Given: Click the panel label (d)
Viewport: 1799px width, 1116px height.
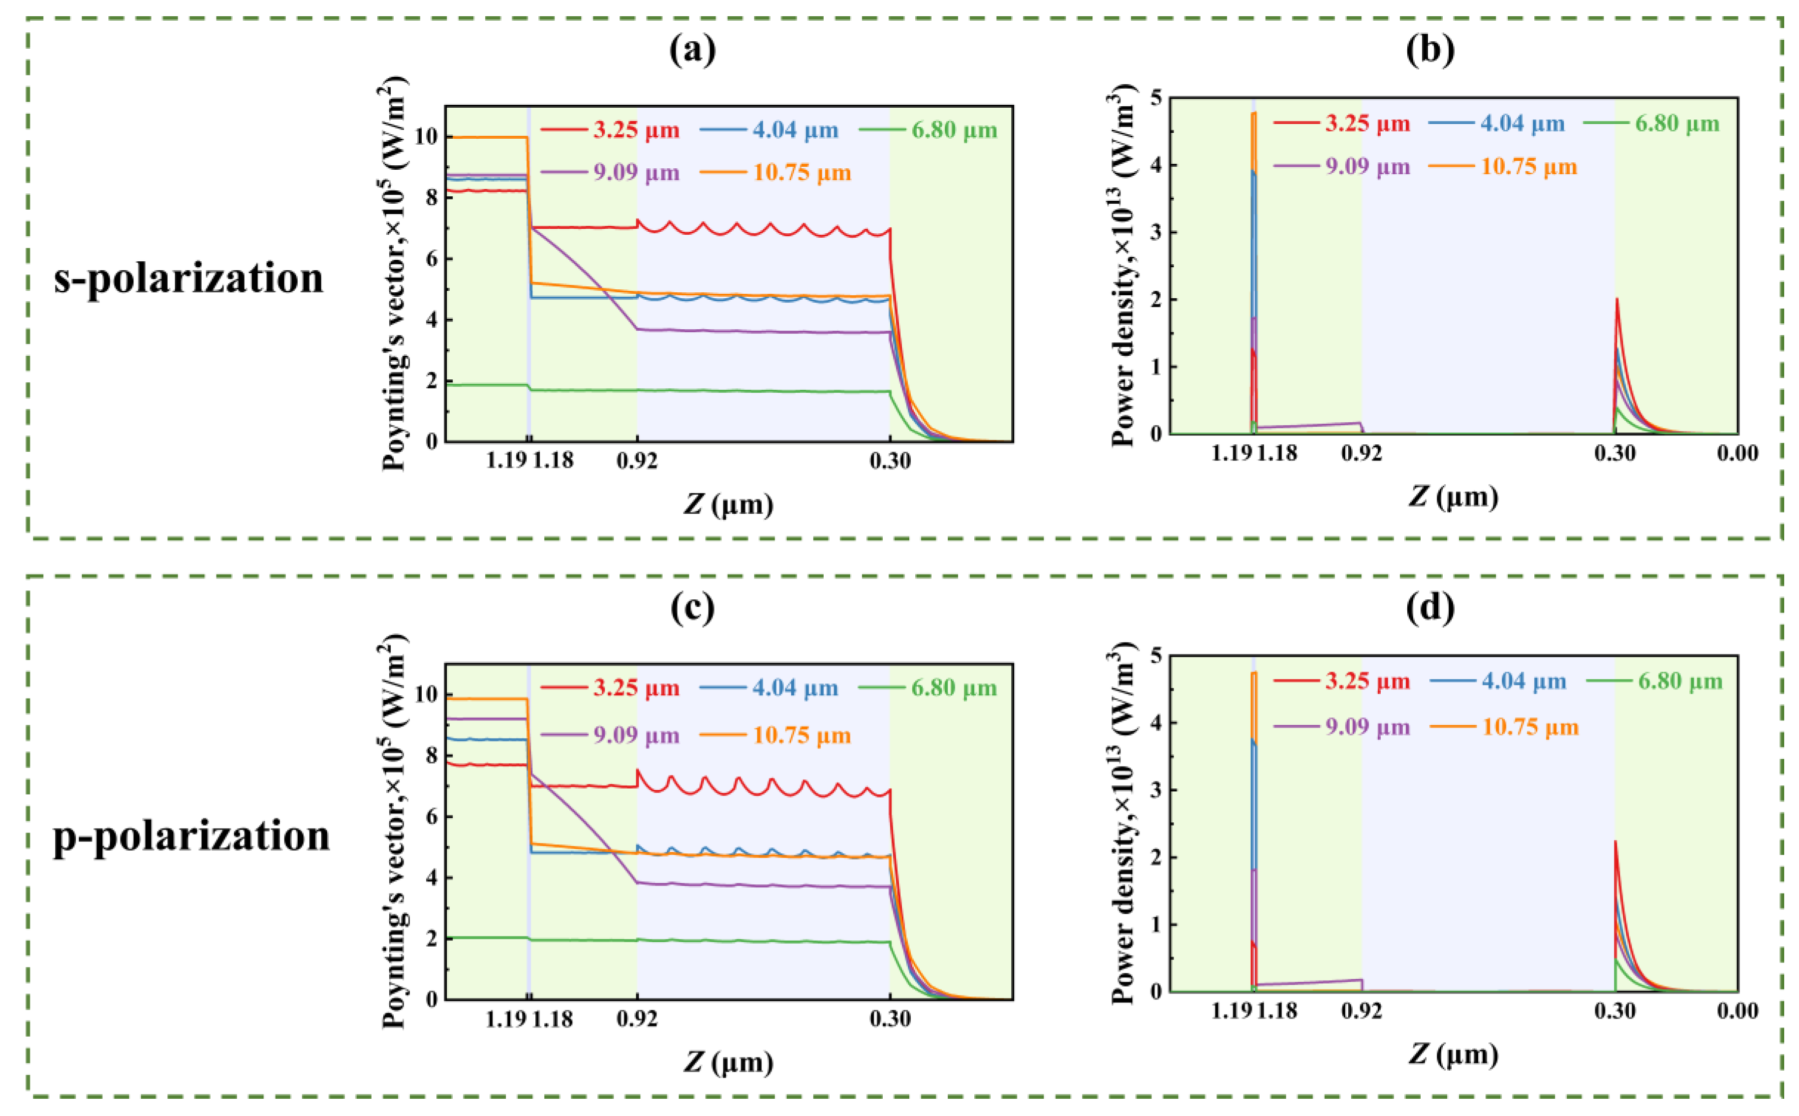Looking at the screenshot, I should [x=1430, y=607].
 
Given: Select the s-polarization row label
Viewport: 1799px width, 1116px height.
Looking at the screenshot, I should [x=189, y=279].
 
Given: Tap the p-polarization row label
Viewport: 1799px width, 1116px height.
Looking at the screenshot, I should [x=191, y=837].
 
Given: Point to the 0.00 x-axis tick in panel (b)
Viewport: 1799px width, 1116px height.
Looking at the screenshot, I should [x=1737, y=453].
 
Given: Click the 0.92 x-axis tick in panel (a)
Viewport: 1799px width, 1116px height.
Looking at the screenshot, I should [x=637, y=462].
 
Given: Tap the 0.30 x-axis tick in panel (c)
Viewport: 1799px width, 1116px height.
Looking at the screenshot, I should [x=890, y=1020].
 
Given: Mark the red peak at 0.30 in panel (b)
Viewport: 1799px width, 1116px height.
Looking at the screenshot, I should [x=1617, y=300].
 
